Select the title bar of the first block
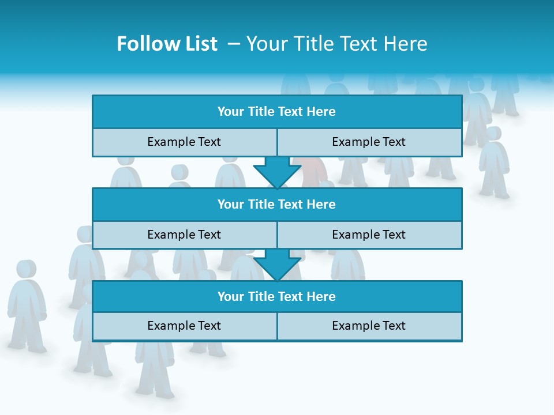coord(277,112)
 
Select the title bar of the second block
coord(277,204)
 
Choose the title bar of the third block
coord(277,296)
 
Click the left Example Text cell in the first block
coord(184,142)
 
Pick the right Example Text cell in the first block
coord(369,142)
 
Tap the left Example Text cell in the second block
coord(184,235)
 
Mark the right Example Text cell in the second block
coord(369,235)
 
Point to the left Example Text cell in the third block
coord(184,326)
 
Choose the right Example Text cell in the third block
coord(369,326)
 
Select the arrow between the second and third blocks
coord(277,264)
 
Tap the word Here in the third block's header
coord(321,296)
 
